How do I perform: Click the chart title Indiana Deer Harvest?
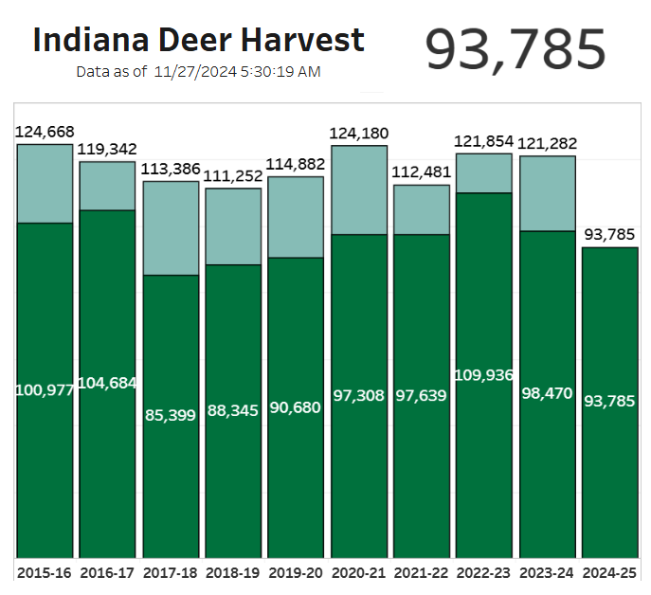(x=198, y=40)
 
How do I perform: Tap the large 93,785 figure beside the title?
(x=515, y=49)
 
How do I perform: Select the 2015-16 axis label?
(x=45, y=573)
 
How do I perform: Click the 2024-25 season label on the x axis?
(x=609, y=573)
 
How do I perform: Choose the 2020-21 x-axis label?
(x=358, y=573)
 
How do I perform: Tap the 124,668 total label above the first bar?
(x=45, y=132)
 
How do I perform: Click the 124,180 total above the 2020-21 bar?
(x=358, y=134)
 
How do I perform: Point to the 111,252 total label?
(x=233, y=176)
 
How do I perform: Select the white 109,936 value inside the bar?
(x=483, y=375)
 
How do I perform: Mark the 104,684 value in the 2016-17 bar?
(x=107, y=383)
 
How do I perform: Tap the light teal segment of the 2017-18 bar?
(x=171, y=227)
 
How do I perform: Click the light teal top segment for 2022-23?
(x=483, y=172)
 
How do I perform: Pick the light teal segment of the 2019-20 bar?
(x=296, y=216)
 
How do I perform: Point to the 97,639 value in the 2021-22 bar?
(x=421, y=395)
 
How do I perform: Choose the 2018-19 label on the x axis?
(x=233, y=573)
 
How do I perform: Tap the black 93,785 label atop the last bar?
(x=609, y=234)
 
